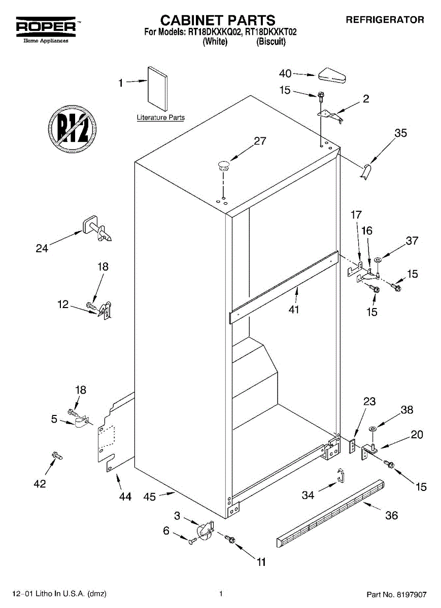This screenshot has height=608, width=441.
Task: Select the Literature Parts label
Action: (x=160, y=118)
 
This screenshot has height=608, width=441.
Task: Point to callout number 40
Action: (x=285, y=73)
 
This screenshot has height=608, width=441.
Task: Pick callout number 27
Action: (x=260, y=141)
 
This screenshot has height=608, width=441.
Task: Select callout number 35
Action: (x=401, y=133)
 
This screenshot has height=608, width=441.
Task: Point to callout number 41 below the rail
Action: (x=294, y=309)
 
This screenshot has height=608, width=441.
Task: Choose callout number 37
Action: (x=412, y=241)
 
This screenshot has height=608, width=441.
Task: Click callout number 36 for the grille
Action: (x=391, y=516)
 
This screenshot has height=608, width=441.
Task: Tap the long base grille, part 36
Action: (x=330, y=512)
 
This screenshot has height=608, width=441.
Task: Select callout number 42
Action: (x=39, y=483)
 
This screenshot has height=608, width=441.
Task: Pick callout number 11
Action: (x=261, y=561)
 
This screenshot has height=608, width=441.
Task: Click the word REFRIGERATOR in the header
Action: (x=385, y=20)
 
